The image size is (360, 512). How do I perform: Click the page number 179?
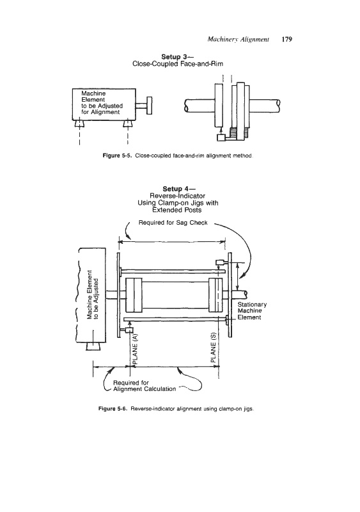[x=286, y=40]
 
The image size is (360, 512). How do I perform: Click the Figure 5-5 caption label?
[x=116, y=156]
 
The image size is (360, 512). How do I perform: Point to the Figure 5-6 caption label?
[x=112, y=408]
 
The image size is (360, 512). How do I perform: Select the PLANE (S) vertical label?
[x=214, y=348]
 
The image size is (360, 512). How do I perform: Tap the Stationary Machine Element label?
[x=252, y=311]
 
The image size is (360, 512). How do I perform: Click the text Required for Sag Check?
[x=173, y=223]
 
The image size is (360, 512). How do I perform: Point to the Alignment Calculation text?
[x=145, y=389]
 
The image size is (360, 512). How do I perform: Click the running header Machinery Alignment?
[x=239, y=40]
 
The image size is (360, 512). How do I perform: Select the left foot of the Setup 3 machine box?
[x=79, y=124]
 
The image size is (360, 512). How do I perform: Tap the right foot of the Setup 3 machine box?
[x=128, y=124]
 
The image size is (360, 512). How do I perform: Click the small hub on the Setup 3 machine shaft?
[x=149, y=106]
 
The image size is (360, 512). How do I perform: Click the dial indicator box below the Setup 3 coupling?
[x=221, y=138]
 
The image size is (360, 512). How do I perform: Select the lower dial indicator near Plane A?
[x=129, y=330]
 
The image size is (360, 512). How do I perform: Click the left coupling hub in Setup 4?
[x=134, y=295]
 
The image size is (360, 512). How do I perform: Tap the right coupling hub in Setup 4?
[x=215, y=295]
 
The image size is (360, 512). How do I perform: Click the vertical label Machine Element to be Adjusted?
[x=92, y=294]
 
